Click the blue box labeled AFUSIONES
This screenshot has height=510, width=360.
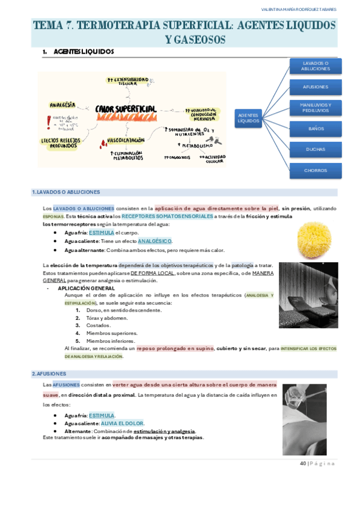316,87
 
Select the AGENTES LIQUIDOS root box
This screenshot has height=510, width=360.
248,118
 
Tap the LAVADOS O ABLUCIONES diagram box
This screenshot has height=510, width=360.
316,66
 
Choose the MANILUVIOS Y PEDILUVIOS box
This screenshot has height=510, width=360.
316,108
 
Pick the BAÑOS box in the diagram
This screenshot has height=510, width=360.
316,129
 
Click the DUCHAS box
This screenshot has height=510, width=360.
316,150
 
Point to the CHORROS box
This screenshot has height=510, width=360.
316,171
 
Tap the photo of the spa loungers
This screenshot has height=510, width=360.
308,295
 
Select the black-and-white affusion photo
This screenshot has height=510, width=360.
304,411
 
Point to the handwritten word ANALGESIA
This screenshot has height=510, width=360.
63,105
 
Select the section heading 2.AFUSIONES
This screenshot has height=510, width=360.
49,373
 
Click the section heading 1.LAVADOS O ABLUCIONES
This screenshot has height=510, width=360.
66,192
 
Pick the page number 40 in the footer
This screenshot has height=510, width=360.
303,463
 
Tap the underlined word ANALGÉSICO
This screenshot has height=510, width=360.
154,241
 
